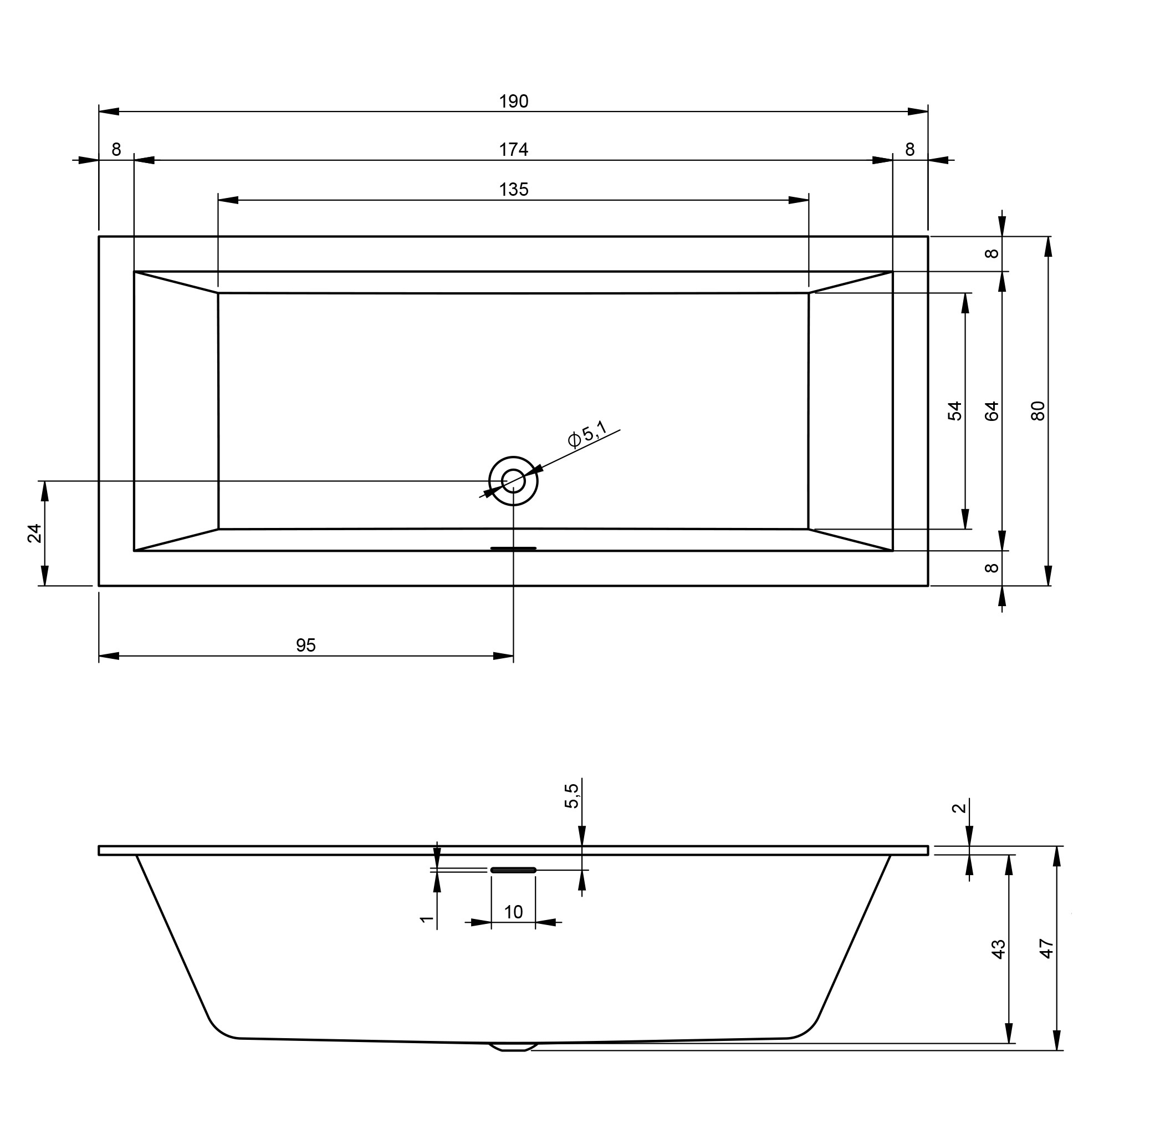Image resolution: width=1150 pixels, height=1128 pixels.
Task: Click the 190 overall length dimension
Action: coord(513,102)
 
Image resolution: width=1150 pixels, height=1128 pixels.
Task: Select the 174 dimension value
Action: coord(513,150)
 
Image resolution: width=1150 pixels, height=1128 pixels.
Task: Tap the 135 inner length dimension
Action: coord(513,190)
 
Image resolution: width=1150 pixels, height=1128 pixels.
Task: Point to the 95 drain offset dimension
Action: coord(306,645)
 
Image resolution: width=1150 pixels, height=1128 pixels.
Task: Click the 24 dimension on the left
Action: coord(35,533)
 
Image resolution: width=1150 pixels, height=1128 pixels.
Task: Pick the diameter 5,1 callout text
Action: coord(587,434)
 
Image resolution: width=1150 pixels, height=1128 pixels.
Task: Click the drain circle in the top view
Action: coord(513,481)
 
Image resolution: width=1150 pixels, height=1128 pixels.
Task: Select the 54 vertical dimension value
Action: coord(955,410)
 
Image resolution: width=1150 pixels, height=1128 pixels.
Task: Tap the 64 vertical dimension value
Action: coord(992,410)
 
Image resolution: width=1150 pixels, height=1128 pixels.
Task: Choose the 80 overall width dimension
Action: coord(1038,410)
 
